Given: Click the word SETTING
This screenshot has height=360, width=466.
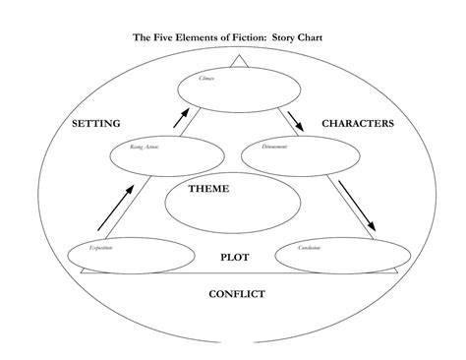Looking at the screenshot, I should coord(96,124).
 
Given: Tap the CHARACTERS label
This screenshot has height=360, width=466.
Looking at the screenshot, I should coord(358,124).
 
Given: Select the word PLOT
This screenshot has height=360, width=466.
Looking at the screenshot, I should coord(234,257).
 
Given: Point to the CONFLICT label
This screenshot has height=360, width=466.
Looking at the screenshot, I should coord(237,293).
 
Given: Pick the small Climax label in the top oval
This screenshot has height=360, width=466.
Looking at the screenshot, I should coord(206,77).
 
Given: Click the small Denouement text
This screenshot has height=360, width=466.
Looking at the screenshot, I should coord(275,147).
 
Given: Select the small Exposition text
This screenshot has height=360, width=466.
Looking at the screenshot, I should coord(100,248).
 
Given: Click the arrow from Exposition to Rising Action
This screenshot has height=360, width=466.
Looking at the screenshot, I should coord(114,207).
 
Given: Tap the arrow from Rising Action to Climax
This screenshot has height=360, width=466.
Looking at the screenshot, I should coord(180,118).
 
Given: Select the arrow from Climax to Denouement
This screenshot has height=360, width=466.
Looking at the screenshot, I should coord(295,120).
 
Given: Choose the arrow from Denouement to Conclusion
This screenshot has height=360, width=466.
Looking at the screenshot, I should coord(356,205).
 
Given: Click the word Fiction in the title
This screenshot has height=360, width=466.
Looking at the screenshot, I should coord(238,38).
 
